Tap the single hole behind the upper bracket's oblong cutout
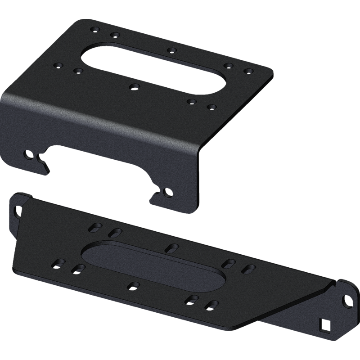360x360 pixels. [x=171, y=49]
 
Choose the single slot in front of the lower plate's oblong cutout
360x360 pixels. [x=133, y=284]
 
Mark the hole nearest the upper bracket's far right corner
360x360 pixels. [x=247, y=71]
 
